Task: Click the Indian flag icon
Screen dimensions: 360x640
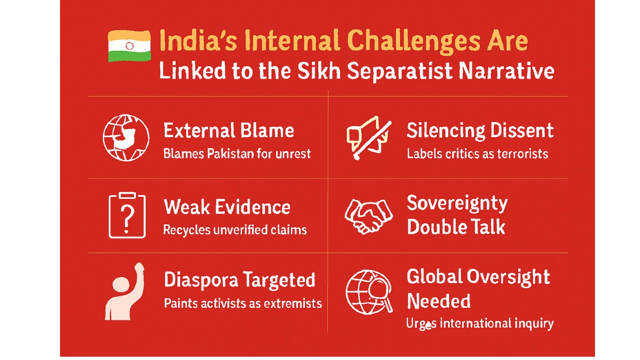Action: coord(129,46)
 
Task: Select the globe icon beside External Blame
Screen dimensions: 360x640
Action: coord(126,138)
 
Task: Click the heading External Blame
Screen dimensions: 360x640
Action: coord(229,130)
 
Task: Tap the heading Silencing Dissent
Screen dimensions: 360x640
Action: coord(480,130)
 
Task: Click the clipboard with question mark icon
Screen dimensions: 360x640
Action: coord(127,215)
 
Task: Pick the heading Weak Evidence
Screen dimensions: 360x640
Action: coord(227,207)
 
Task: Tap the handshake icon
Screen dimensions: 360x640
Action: coord(368,215)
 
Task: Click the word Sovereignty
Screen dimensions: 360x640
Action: coord(457,203)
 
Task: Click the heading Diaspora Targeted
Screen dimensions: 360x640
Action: coord(239,280)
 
